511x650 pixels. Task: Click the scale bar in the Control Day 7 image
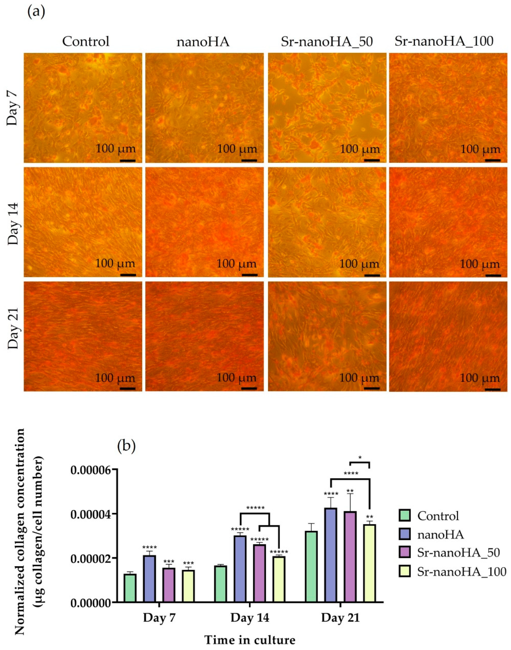(128, 161)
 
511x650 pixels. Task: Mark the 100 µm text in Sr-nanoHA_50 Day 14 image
(359, 264)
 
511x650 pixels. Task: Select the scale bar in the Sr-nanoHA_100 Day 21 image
(492, 389)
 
